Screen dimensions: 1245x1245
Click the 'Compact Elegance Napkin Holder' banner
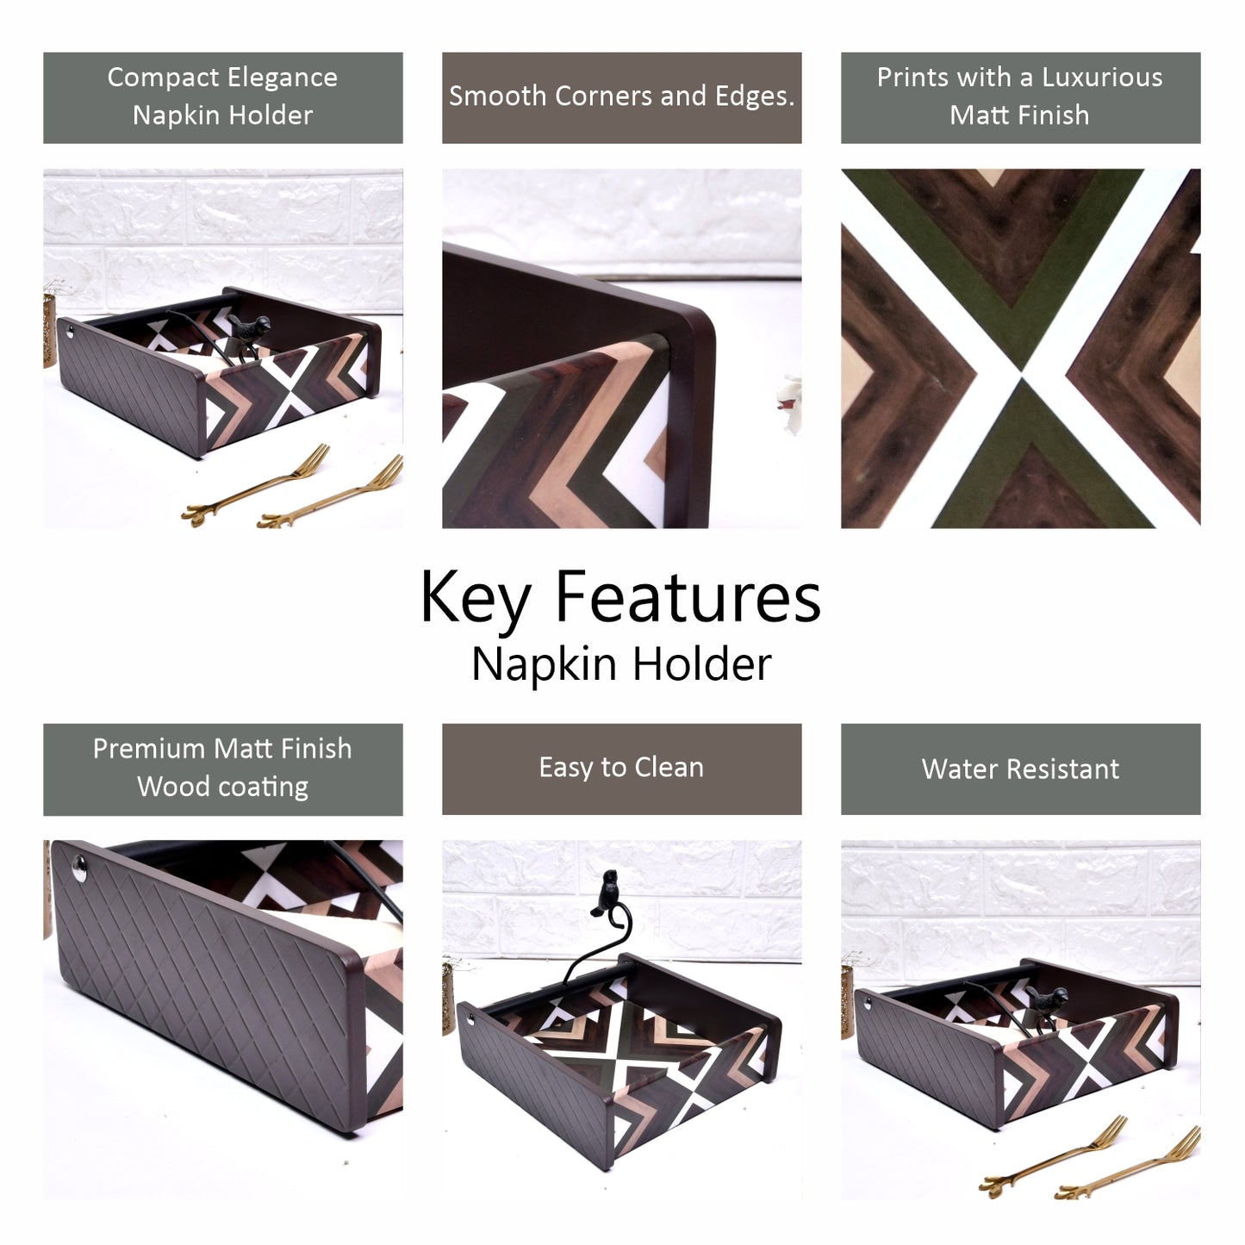click(x=223, y=97)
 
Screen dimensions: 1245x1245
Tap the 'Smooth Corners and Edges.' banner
click(x=621, y=97)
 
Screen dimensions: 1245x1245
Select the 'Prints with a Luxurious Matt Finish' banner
click(x=1020, y=97)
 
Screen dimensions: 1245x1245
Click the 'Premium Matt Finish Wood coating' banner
click(x=223, y=769)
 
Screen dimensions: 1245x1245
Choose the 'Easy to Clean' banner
click(x=621, y=769)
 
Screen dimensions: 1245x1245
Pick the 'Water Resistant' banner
click(x=1020, y=769)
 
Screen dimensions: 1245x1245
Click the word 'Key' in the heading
click(x=476, y=599)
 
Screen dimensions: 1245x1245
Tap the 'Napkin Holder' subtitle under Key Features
click(x=621, y=664)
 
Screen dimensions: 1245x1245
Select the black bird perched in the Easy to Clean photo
click(x=606, y=893)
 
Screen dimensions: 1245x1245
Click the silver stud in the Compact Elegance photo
click(x=69, y=332)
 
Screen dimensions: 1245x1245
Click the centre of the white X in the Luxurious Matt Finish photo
click(x=1021, y=373)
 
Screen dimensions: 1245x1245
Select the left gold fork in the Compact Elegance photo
click(x=256, y=484)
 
